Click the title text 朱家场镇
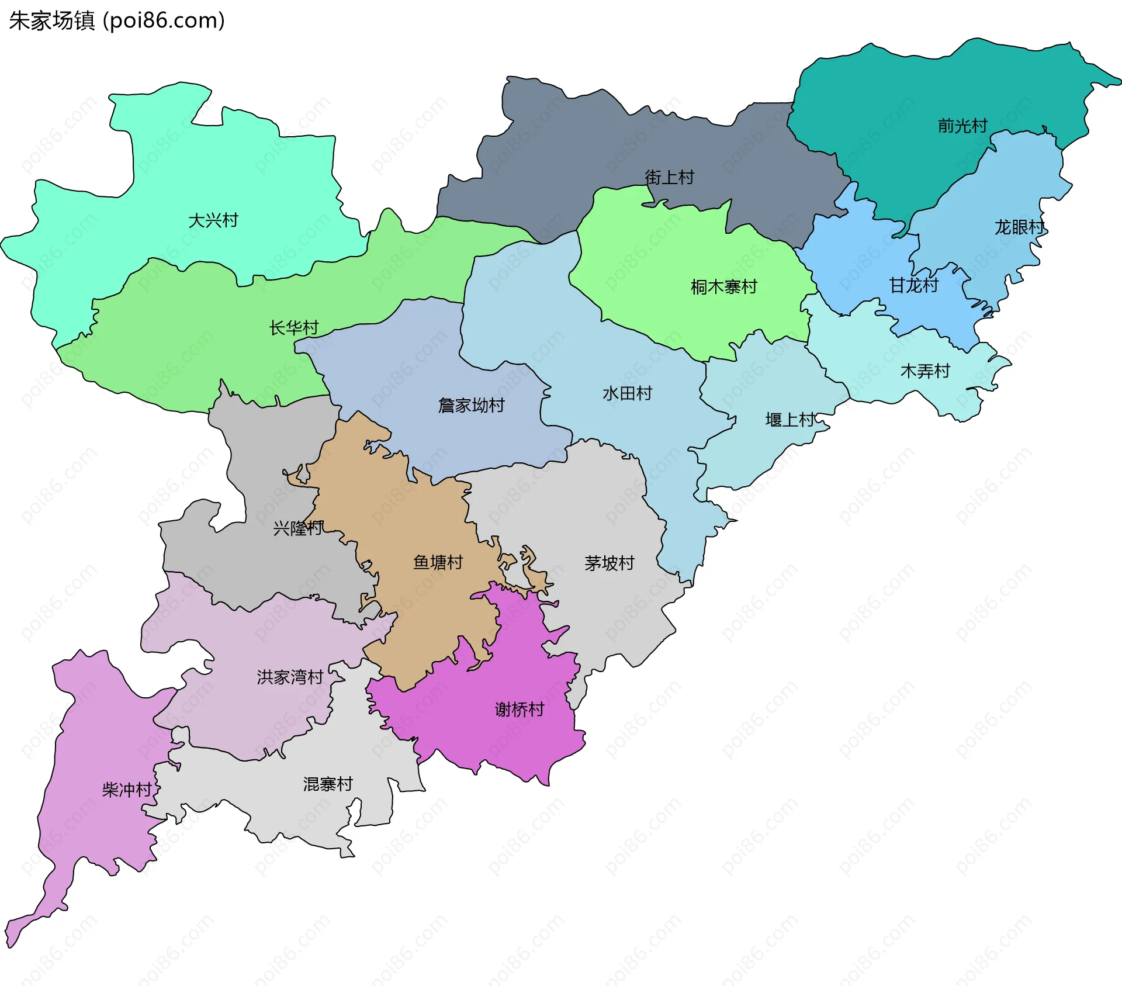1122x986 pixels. [x=51, y=21]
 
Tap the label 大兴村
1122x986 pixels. [x=213, y=220]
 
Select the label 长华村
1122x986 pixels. [x=293, y=328]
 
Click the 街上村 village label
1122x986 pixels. [x=669, y=177]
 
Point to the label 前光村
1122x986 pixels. [x=962, y=126]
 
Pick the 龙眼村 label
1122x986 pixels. [x=1019, y=227]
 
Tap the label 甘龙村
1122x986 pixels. [x=913, y=285]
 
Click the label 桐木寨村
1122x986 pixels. [x=723, y=287]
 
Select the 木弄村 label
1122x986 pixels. [x=925, y=371]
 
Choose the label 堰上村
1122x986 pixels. [x=790, y=420]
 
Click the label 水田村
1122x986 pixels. [x=627, y=393]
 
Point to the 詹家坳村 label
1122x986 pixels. [x=471, y=405]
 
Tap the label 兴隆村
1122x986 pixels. [x=297, y=528]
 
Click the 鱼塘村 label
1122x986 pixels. [x=438, y=562]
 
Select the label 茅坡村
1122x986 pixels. [x=609, y=563]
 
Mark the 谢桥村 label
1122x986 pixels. [x=520, y=709]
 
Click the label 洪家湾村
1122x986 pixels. [x=290, y=677]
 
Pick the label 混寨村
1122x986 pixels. [x=328, y=784]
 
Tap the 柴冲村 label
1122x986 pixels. [x=127, y=790]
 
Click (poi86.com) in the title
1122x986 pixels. [x=164, y=21]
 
